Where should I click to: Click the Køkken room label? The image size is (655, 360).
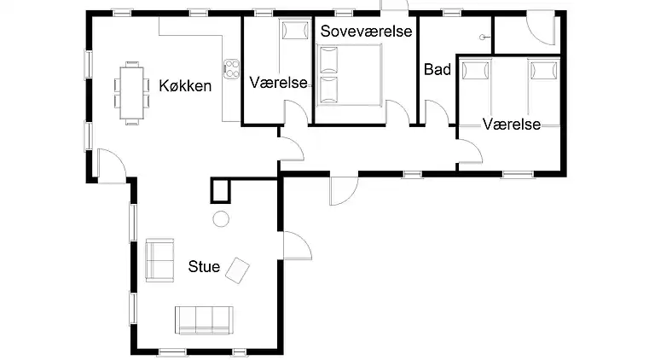(185, 85)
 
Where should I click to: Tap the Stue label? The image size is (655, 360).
(204, 267)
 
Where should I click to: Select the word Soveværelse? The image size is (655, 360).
(367, 32)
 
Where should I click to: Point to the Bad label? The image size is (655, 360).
(438, 70)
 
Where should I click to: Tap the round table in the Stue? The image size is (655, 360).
(221, 218)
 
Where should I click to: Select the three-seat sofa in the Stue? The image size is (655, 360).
(204, 319)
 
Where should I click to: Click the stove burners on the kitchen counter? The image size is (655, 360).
(230, 67)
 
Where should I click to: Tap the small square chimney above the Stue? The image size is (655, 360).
(221, 188)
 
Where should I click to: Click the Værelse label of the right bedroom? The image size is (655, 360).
(511, 125)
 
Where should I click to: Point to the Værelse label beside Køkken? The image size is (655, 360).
(277, 83)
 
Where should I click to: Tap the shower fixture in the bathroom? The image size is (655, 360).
(484, 37)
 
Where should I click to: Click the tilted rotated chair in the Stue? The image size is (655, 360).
(239, 270)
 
